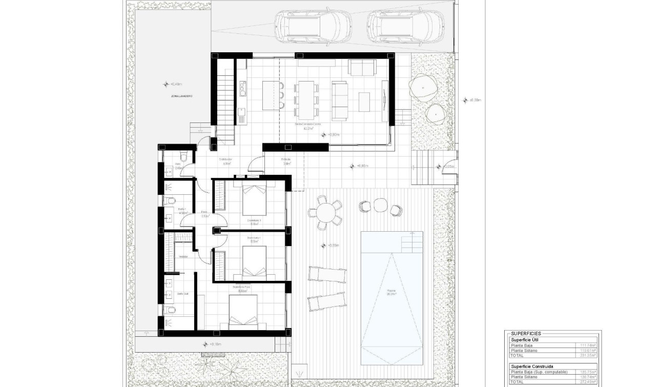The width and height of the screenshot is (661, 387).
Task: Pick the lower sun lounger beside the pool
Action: [x=325, y=302]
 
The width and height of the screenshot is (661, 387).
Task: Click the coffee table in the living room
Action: [x=364, y=101]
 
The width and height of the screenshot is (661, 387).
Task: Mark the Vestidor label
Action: [x=182, y=257]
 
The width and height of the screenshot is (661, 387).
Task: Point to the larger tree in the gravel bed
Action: [x=423, y=88]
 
